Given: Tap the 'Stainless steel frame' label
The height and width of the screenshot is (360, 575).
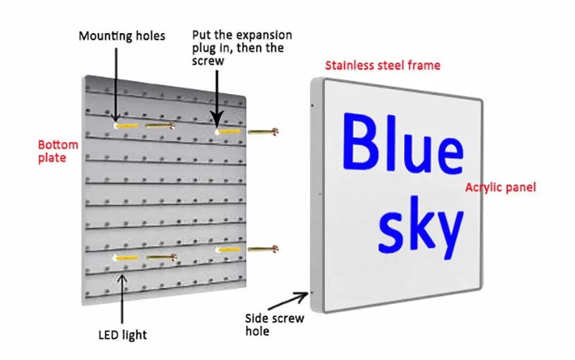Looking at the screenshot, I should click(x=382, y=65).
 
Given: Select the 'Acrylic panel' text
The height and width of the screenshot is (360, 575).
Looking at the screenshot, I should click(x=500, y=188).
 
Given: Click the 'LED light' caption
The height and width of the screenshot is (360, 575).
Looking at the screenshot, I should click(x=122, y=335).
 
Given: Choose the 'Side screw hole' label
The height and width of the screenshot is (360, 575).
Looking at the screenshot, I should click(x=275, y=325).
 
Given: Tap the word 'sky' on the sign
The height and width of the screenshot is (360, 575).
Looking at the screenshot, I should click(x=421, y=226).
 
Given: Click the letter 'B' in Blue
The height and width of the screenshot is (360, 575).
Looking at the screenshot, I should click(x=360, y=144).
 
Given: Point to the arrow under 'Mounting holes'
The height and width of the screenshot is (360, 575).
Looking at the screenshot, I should click(x=114, y=83).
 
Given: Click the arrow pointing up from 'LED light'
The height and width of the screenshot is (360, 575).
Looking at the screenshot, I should click(x=122, y=298).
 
